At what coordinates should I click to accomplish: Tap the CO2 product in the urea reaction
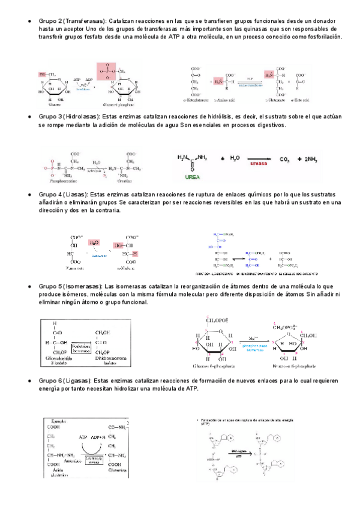[286, 159]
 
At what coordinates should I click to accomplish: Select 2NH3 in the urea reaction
[311, 159]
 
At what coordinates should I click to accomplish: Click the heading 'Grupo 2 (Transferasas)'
[64, 21]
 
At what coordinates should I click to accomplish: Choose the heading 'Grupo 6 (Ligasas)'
[57, 381]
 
